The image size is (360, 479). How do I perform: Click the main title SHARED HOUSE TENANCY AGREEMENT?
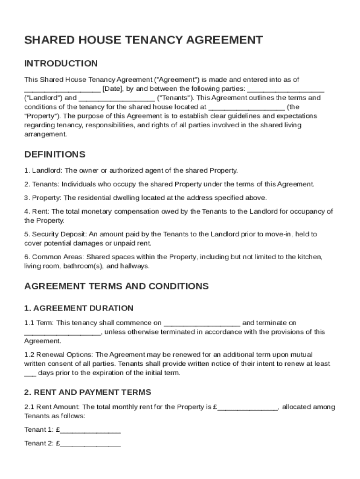click(143, 40)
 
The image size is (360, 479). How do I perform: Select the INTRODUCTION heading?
click(61, 64)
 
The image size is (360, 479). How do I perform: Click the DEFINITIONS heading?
click(55, 154)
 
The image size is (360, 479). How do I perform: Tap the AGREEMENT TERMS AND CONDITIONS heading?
click(116, 286)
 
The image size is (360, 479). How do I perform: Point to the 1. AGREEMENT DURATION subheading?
click(79, 308)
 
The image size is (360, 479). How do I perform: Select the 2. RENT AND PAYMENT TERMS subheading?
click(87, 392)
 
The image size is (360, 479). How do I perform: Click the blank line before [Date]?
click(62, 89)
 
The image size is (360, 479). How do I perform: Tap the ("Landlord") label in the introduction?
click(43, 98)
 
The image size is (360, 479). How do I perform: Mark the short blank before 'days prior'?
click(30, 374)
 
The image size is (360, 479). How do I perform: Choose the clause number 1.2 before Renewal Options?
click(29, 355)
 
